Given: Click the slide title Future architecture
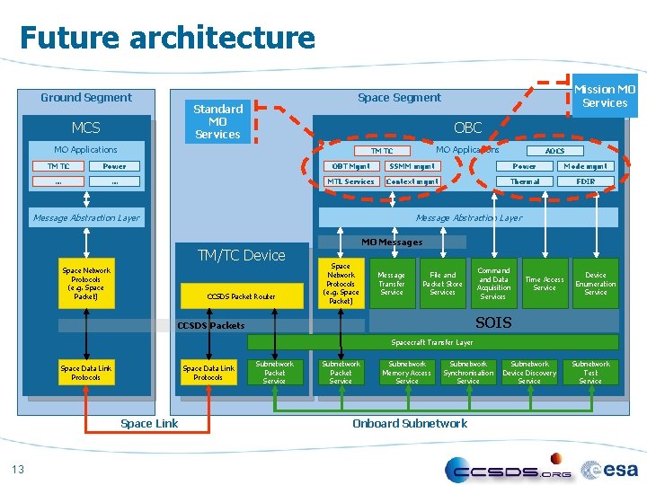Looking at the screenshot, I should pyautogui.click(x=167, y=38).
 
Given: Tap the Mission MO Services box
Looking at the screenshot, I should pyautogui.click(x=605, y=96).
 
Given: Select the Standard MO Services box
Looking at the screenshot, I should pyautogui.click(x=217, y=121).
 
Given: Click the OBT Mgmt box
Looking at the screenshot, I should pyautogui.click(x=350, y=166).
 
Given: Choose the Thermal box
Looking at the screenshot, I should pyautogui.click(x=524, y=181).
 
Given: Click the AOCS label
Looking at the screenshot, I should pyautogui.click(x=555, y=151).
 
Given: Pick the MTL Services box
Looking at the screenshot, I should pyautogui.click(x=350, y=181).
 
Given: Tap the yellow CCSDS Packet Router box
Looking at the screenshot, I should pyautogui.click(x=241, y=296).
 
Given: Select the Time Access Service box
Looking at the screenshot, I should pyautogui.click(x=545, y=284).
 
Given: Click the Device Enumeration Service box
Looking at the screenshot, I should pyautogui.click(x=596, y=284).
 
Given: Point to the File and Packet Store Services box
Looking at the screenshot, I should pyautogui.click(x=442, y=284).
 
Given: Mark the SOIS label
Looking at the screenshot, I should pyautogui.click(x=493, y=322).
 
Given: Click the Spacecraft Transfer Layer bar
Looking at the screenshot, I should pyautogui.click(x=432, y=342).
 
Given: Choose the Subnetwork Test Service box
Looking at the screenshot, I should pyautogui.click(x=590, y=373).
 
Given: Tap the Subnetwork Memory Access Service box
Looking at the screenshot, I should pyautogui.click(x=407, y=373).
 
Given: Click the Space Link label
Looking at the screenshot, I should pyautogui.click(x=149, y=423).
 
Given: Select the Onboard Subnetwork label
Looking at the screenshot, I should pyautogui.click(x=410, y=423).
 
